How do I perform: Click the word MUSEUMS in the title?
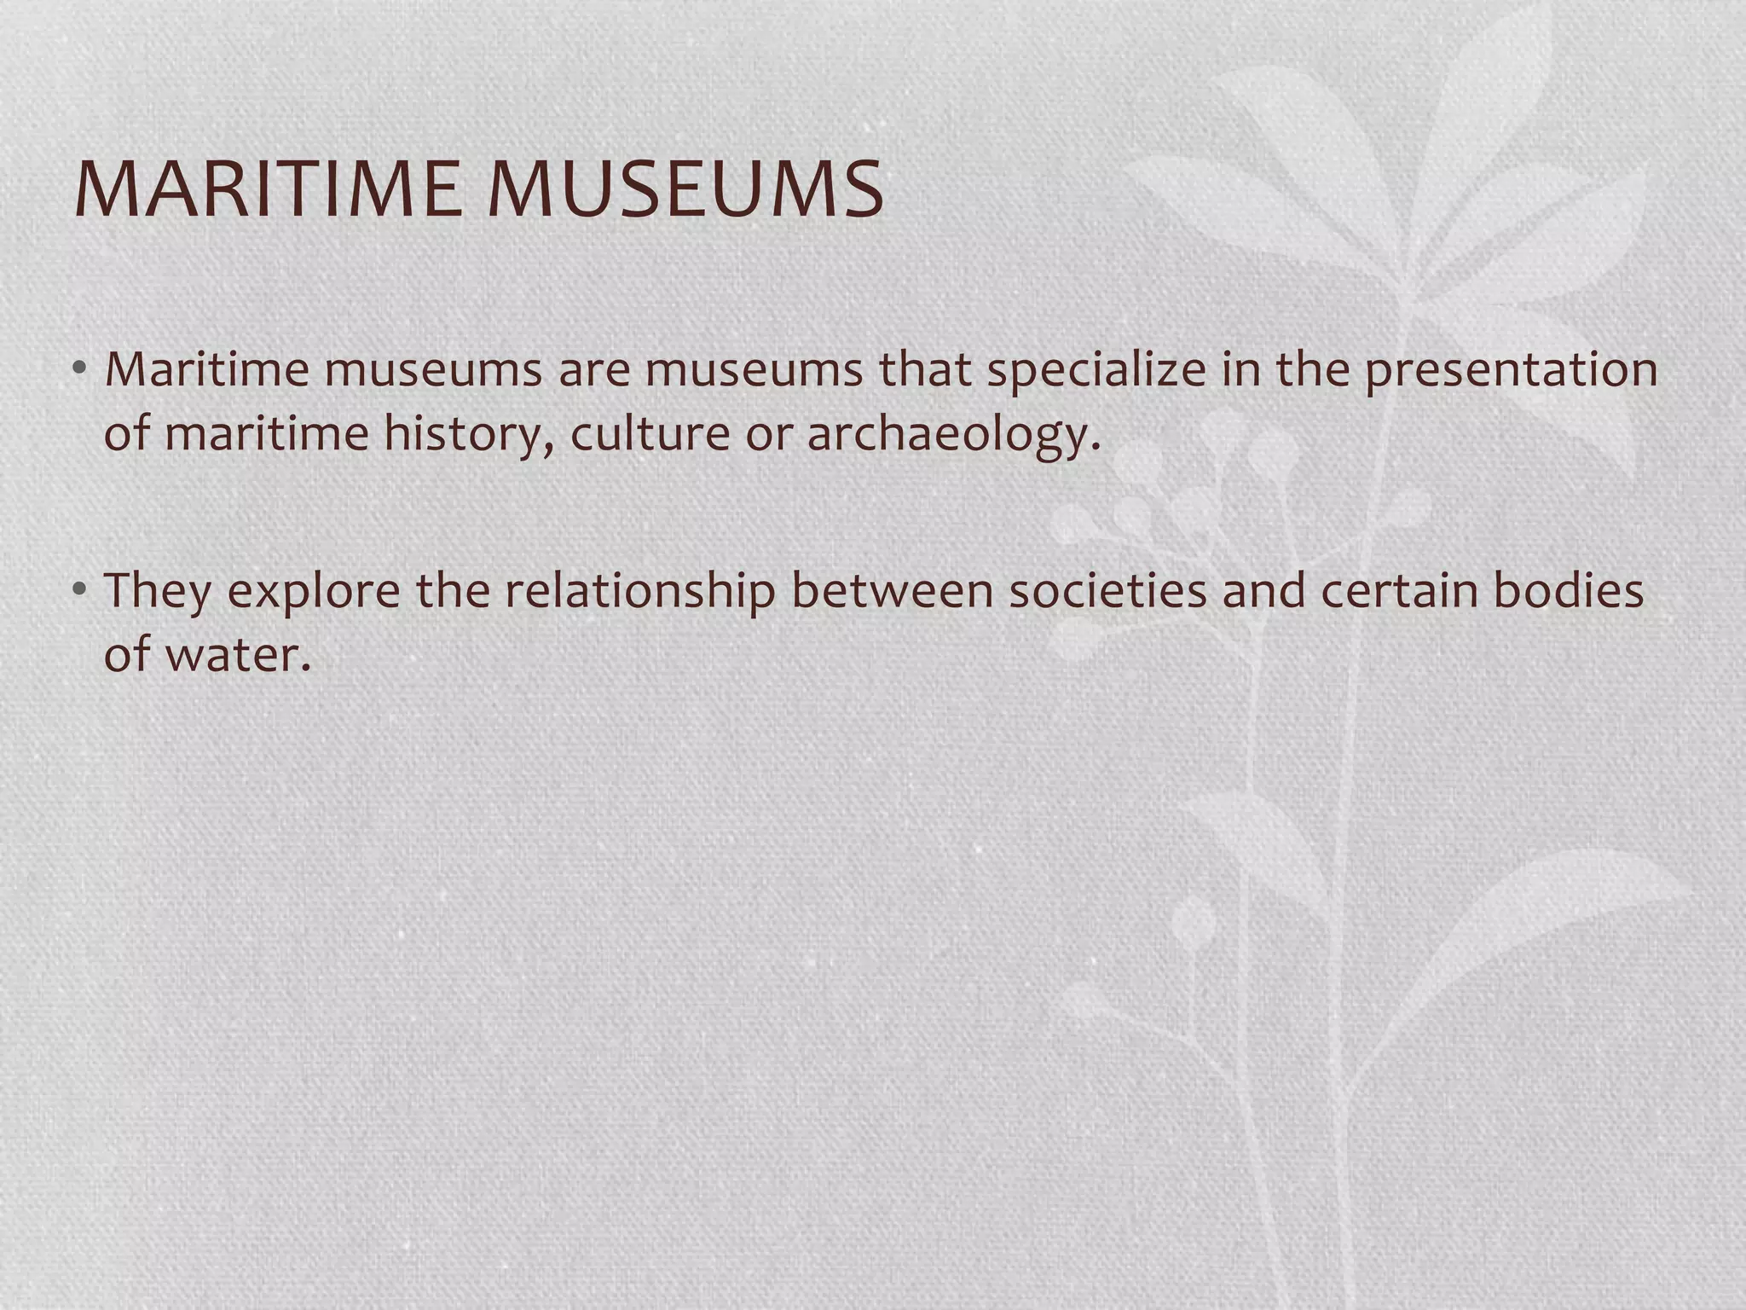pyautogui.click(x=685, y=188)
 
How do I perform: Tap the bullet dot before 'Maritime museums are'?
pyautogui.click(x=79, y=369)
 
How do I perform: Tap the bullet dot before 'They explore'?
pyautogui.click(x=79, y=589)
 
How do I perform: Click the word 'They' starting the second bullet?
pyautogui.click(x=157, y=591)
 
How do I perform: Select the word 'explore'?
pyautogui.click(x=315, y=593)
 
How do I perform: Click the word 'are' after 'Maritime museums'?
pyautogui.click(x=593, y=371)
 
